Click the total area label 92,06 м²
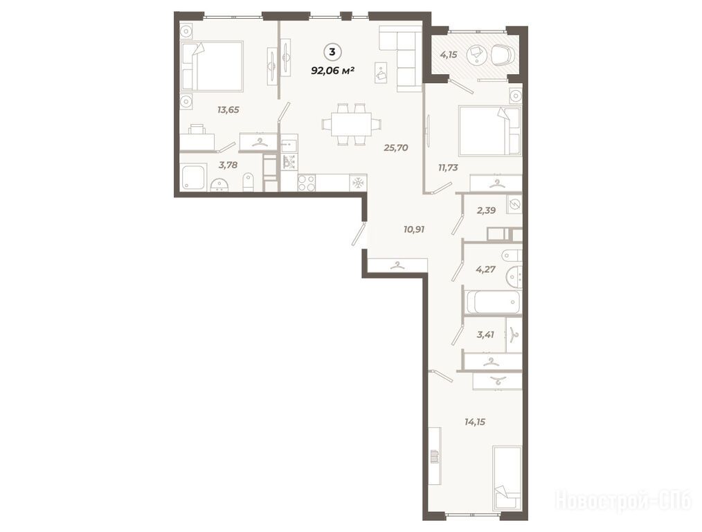333,70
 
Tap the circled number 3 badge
332,52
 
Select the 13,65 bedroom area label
228,109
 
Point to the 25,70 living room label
396,148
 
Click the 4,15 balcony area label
449,55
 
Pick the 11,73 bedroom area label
448,168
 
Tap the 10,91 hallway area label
414,229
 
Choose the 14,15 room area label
475,422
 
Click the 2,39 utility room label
486,210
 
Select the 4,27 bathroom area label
486,269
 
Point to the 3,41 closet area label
486,334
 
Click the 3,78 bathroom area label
228,165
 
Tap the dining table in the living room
352,124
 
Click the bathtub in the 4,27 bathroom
494,302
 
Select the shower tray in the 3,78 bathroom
193,177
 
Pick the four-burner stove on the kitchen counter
307,183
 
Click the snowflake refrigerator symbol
359,183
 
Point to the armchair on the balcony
503,55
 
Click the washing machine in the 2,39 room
515,204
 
